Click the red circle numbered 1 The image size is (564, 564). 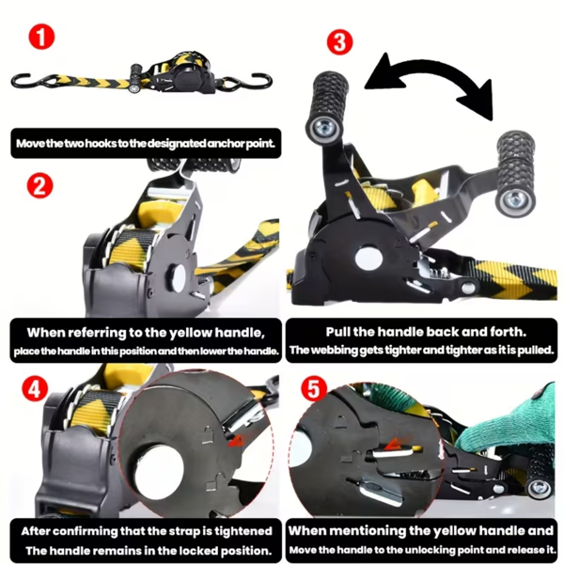pos(41,37)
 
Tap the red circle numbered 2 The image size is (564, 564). pos(39,185)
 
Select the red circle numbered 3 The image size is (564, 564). pos(339,42)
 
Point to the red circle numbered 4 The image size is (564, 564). pos(35,389)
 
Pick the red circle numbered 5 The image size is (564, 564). pos(314,389)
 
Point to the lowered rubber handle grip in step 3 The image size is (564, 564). pos(516,173)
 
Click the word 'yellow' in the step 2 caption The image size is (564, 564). pos(191,333)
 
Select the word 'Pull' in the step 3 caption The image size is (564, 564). pos(338,332)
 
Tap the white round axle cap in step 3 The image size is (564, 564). pos(368,258)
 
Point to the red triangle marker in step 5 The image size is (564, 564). pos(393,445)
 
